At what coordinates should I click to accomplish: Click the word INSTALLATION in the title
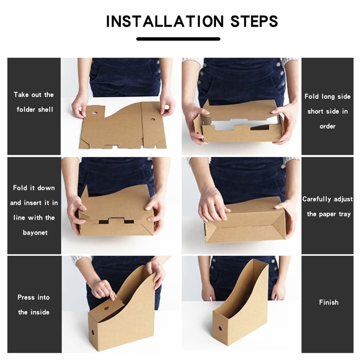pyautogui.click(x=165, y=21)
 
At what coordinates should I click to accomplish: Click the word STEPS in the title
pyautogui.click(x=254, y=21)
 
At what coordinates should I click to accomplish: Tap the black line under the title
pyautogui.click(x=178, y=39)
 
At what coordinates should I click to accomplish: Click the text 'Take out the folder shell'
pyautogui.click(x=34, y=102)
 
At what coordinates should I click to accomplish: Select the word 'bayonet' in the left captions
pyautogui.click(x=34, y=232)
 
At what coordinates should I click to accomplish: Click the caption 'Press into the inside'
pyautogui.click(x=34, y=305)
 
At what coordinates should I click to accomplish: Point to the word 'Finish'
pyautogui.click(x=328, y=302)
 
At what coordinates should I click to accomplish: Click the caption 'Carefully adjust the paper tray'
pyautogui.click(x=328, y=207)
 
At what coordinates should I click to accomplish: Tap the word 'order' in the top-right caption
pyautogui.click(x=328, y=126)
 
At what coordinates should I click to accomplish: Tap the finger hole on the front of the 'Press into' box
pyautogui.click(x=94, y=332)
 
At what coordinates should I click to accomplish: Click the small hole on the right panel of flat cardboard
pyautogui.click(x=152, y=120)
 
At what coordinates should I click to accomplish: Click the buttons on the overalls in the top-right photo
pyautogui.click(x=280, y=72)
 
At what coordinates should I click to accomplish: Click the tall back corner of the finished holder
pyautogui.click(x=265, y=262)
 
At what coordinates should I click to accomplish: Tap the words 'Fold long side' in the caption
pyautogui.click(x=328, y=96)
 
